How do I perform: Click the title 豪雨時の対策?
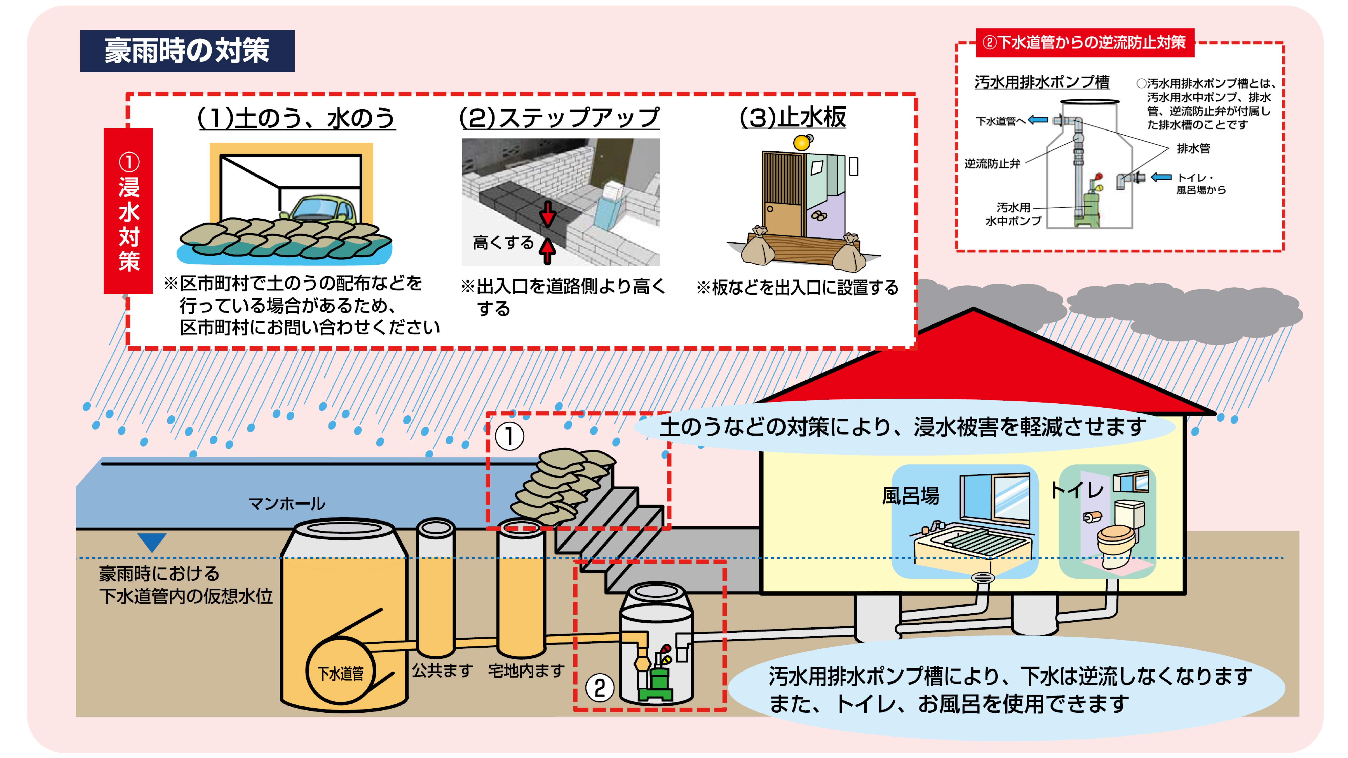[187, 51]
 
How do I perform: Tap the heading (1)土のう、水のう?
[296, 118]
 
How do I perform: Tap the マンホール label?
[287, 504]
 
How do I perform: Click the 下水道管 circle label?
[341, 673]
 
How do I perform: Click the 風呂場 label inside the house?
[910, 495]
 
